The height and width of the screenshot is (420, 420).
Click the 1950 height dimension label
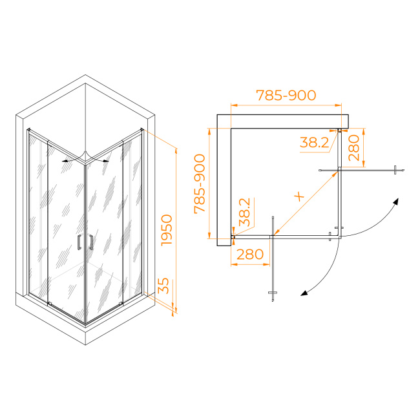click(167, 230)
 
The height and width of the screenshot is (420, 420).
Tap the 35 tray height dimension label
click(163, 286)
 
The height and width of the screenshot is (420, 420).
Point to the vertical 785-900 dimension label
click(200, 184)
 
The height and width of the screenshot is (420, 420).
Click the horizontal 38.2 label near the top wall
click(314, 142)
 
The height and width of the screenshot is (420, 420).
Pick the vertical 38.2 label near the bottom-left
click(244, 212)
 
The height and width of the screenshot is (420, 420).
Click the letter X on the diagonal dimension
click(299, 196)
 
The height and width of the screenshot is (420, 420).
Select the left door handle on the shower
click(79, 242)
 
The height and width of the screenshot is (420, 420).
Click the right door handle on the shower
click(91, 242)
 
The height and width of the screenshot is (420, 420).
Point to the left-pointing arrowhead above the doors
click(65, 161)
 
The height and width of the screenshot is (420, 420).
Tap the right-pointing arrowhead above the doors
click(106, 161)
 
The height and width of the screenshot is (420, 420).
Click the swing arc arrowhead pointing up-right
click(396, 201)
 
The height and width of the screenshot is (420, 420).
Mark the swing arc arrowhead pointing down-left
click(304, 293)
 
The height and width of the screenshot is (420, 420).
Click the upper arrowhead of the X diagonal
click(335, 174)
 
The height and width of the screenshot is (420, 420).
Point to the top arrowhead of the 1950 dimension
click(176, 152)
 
